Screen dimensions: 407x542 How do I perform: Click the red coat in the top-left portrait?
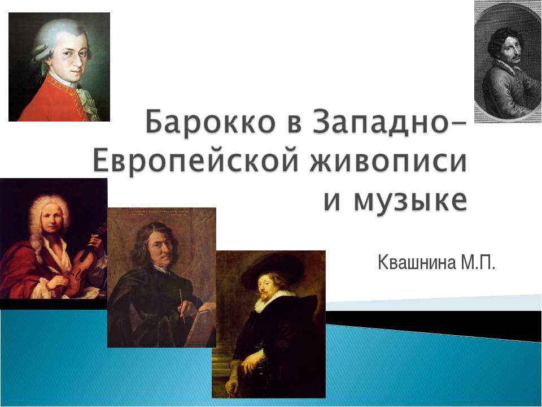click(x=45, y=105)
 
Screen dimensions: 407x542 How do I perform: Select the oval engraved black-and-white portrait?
click(x=507, y=61)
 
